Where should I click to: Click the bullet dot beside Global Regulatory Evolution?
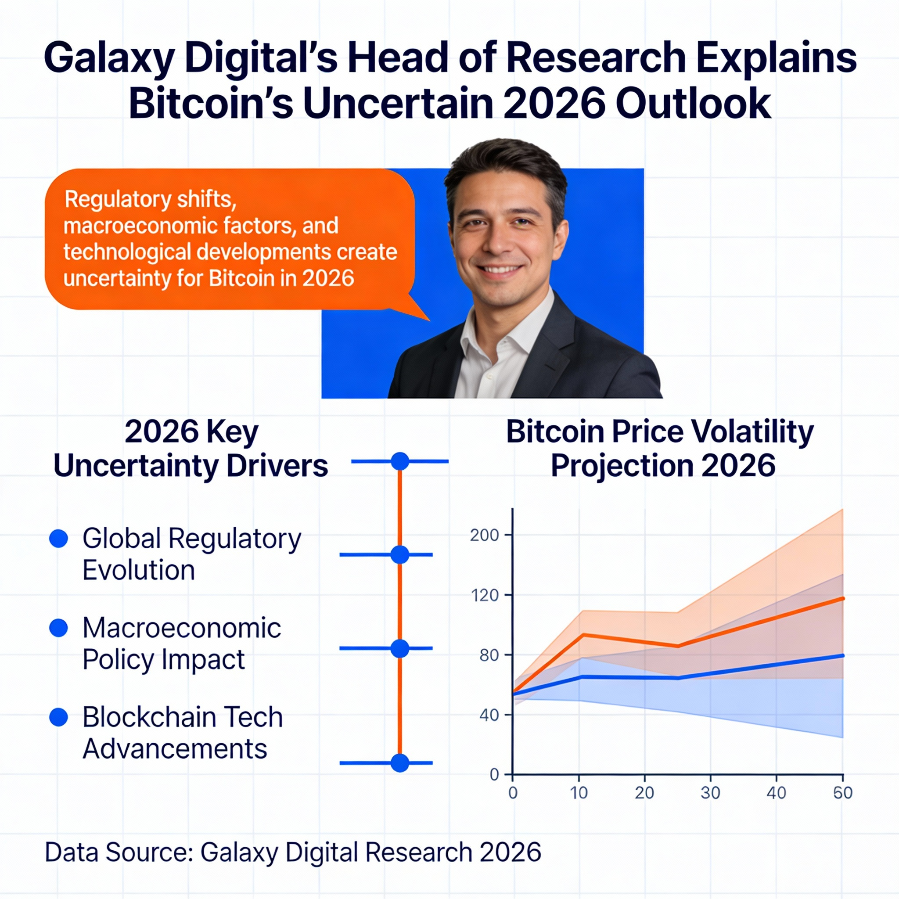click(59, 538)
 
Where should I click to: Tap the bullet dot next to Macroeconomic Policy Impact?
click(59, 628)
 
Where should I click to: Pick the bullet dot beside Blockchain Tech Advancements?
click(59, 717)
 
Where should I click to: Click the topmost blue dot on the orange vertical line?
click(400, 461)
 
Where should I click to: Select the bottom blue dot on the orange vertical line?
click(400, 763)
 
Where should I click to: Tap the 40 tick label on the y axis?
click(489, 715)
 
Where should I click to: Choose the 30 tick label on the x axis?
click(710, 792)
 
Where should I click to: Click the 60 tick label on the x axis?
click(843, 792)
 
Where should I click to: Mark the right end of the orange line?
click(843, 598)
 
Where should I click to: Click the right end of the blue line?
click(843, 656)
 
